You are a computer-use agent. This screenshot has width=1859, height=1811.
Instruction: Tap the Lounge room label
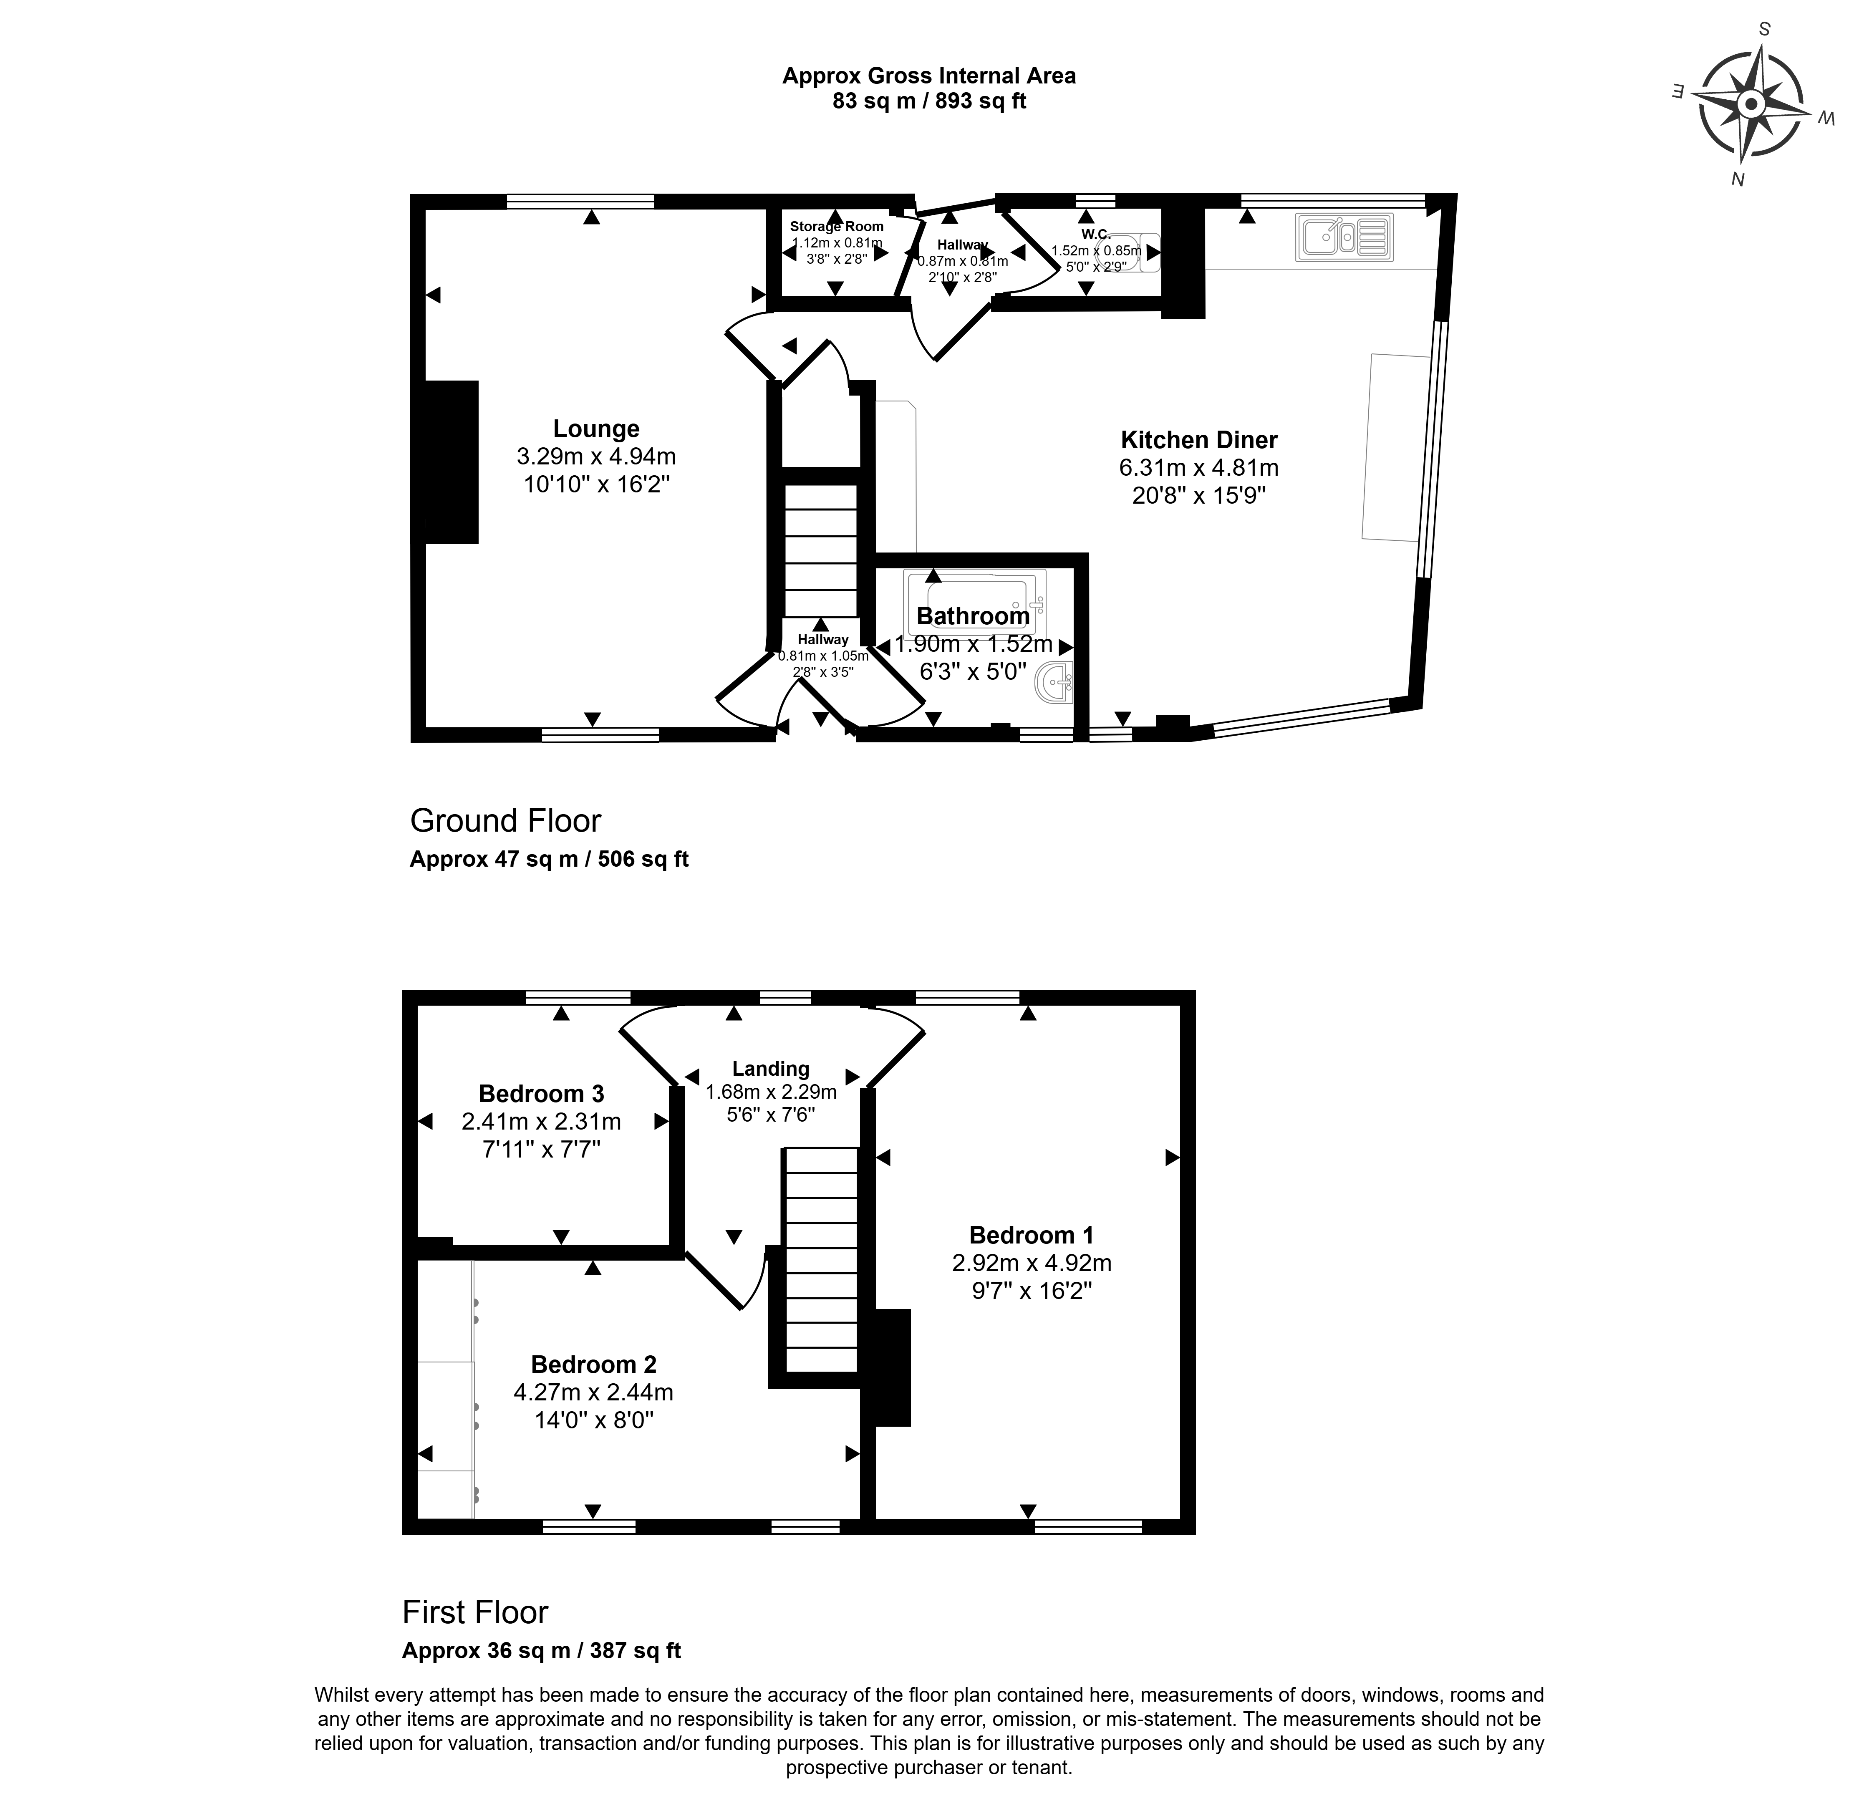(x=597, y=429)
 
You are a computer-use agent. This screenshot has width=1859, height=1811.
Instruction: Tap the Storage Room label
(x=836, y=226)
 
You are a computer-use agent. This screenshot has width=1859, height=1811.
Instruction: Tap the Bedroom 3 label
(x=541, y=1094)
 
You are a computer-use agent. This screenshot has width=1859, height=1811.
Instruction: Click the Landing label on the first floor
(x=771, y=1069)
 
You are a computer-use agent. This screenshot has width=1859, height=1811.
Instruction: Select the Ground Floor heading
(x=505, y=821)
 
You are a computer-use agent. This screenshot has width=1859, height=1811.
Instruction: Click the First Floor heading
(x=475, y=1612)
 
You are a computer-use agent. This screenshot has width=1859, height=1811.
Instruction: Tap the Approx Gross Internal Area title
(x=928, y=76)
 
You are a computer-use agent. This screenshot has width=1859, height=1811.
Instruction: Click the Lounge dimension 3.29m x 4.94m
(x=597, y=457)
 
